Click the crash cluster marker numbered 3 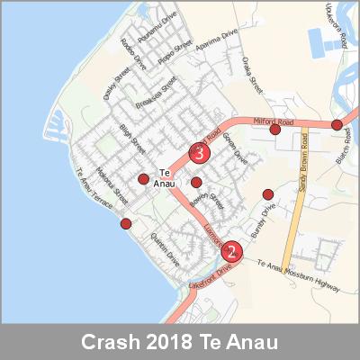pyautogui.click(x=199, y=153)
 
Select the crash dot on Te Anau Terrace pyautogui.click(x=125, y=223)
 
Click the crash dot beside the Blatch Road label pyautogui.click(x=337, y=125)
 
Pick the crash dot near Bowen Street pyautogui.click(x=196, y=183)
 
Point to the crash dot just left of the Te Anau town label pyautogui.click(x=143, y=179)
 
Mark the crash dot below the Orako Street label pyautogui.click(x=275, y=130)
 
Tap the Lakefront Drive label pyautogui.click(x=210, y=276)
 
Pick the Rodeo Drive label pyautogui.click(x=133, y=59)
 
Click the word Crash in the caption pyautogui.click(x=113, y=343)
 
